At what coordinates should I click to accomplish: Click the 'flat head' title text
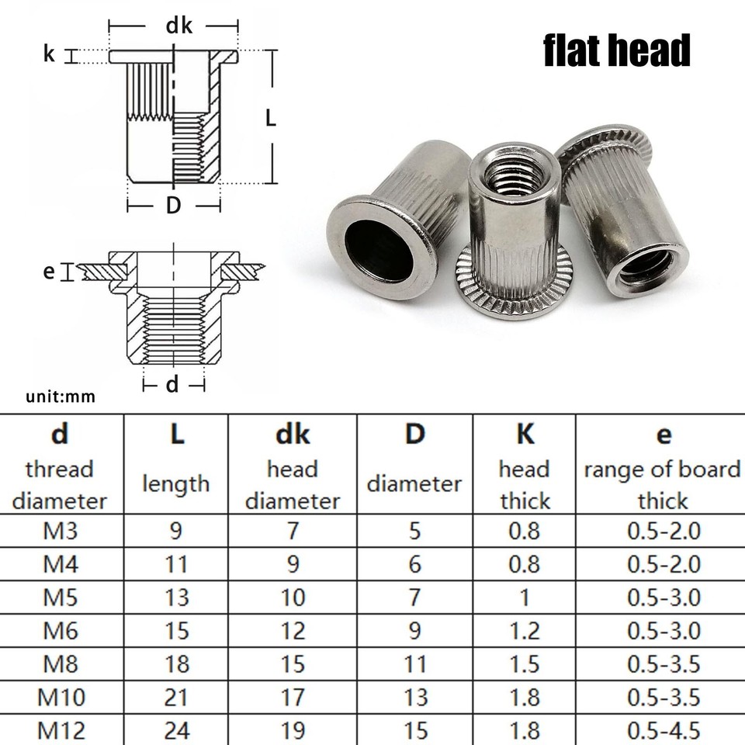(616, 51)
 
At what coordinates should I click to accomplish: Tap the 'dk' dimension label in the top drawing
(178, 26)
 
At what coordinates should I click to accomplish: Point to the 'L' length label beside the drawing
(270, 118)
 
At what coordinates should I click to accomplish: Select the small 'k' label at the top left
(49, 55)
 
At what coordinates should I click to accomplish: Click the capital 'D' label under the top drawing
(173, 206)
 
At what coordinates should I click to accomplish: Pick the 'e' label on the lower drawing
(49, 271)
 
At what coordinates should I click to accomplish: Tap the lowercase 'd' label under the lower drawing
(172, 383)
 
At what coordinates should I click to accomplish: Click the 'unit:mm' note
(61, 397)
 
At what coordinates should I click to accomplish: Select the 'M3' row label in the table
(60, 532)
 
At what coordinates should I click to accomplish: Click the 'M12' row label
(60, 730)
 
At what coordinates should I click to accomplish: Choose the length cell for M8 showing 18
(177, 664)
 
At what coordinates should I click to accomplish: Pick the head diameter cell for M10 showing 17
(293, 697)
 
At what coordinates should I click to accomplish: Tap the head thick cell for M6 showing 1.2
(524, 630)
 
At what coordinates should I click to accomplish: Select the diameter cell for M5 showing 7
(414, 598)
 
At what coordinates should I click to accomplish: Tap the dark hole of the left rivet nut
(379, 249)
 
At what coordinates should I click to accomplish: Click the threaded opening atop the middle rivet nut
(513, 175)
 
